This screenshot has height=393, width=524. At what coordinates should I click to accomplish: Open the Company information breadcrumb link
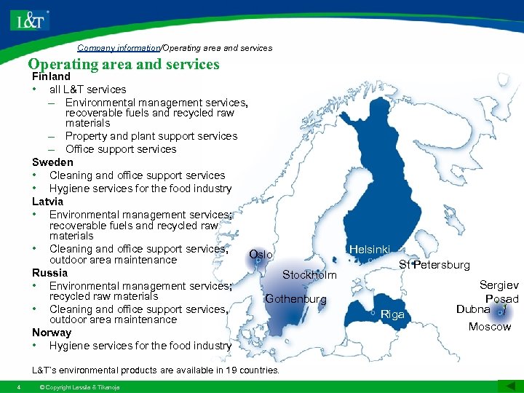pos(119,48)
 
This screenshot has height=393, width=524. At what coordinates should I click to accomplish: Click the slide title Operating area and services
pos(124,64)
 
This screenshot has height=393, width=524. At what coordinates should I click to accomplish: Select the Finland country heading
pos(51,76)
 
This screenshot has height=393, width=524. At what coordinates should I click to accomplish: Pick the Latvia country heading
pos(47,201)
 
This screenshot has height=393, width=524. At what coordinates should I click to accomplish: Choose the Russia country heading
pos(49,273)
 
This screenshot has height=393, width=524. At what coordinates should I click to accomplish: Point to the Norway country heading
pos(52,333)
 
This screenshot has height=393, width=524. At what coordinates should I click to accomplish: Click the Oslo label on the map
pos(261,255)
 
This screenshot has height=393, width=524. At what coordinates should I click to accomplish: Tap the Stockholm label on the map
pos(309,275)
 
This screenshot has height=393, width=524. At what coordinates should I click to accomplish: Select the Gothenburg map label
pos(296,299)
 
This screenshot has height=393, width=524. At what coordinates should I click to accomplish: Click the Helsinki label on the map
pos(370,250)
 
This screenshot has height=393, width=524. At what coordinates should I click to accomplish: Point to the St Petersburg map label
pos(434,265)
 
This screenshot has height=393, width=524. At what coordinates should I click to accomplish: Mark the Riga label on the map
pos(392,314)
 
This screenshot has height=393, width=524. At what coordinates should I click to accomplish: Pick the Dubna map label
pos(473,309)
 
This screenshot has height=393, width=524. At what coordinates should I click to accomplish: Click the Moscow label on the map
pos(489,327)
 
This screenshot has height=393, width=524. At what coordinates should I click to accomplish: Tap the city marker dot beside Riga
pos(373,312)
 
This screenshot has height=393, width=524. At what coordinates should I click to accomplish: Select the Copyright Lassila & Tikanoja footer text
pos(79,386)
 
